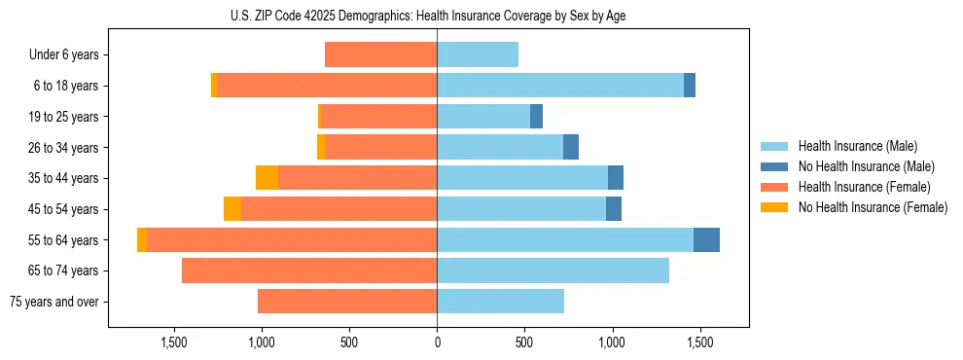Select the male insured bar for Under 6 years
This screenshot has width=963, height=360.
478,54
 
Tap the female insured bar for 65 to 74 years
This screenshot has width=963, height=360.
309,270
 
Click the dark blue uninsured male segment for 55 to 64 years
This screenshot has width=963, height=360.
706,240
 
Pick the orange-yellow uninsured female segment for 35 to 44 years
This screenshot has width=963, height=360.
267,178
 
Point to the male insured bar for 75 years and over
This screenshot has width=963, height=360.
500,302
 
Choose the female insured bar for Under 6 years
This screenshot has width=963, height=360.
380,54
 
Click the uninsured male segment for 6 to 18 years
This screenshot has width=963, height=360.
690,86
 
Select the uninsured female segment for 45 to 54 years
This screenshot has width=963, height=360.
232,209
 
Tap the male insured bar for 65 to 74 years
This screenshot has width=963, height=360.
553,270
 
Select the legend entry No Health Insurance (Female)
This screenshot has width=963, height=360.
873,207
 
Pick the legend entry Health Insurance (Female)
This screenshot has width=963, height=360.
864,187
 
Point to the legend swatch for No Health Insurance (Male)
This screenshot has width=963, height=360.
775,166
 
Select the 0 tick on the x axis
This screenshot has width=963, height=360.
437,342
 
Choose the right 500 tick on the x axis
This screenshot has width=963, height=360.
524,342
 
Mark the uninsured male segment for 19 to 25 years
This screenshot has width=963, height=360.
536,117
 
